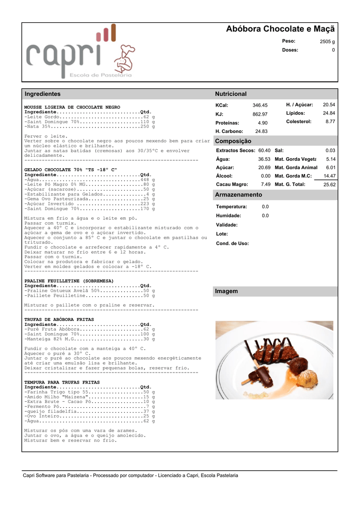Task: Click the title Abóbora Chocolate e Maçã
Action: pos(280,29)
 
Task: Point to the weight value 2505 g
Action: pos(327,42)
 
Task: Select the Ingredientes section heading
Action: pos(43,94)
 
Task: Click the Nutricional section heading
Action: pos(230,94)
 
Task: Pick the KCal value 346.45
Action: pos(260,105)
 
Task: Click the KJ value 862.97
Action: pos(260,114)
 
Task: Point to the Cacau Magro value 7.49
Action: pos(266,184)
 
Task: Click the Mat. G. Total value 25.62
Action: pos(329,185)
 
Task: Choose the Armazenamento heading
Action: pos(238,194)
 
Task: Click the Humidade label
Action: pos(228,216)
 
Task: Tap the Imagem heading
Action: pos(226,291)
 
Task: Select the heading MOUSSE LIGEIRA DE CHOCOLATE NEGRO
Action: pos(72,107)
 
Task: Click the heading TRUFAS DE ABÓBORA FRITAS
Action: pos(59,319)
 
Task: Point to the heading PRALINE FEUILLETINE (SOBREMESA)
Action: pos(69,281)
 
